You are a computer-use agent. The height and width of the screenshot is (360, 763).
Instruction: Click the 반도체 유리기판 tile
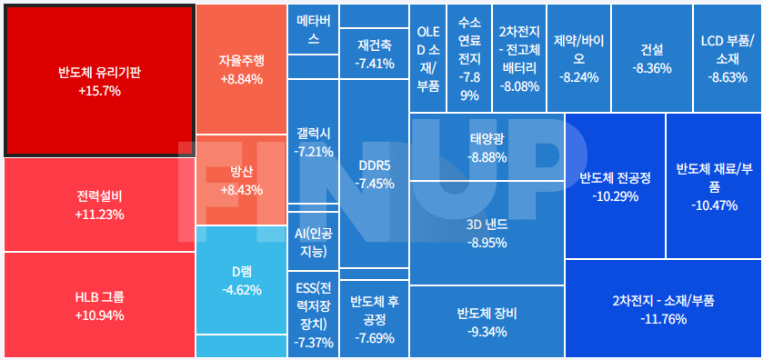coord(100,80)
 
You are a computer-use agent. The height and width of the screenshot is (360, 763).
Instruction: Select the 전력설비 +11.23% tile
coord(100,205)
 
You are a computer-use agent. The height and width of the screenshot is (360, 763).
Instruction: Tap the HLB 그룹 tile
coord(100,305)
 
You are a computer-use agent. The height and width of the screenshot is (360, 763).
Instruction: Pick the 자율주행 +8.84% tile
coord(241,69)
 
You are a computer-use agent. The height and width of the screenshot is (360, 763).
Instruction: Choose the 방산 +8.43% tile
coord(241,180)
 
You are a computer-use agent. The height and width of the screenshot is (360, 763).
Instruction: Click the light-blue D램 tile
coord(241,280)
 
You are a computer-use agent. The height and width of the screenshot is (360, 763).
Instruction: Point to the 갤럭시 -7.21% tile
coord(314,142)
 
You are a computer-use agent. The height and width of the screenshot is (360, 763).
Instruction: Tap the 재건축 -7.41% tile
coord(375,53)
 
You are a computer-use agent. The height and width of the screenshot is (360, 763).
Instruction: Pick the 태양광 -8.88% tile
coord(487,147)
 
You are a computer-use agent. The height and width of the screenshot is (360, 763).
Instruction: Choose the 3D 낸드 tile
coord(487,233)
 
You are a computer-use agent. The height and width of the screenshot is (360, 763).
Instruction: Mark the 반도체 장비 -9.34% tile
coord(487,322)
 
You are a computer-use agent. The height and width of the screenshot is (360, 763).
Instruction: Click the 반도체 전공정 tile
coord(615,185)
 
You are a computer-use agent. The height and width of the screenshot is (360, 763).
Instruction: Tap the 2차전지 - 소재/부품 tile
coord(663,309)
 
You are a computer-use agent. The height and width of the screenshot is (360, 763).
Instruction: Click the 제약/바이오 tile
coord(579,58)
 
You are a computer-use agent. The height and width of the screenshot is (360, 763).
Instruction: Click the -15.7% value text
coord(100,91)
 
